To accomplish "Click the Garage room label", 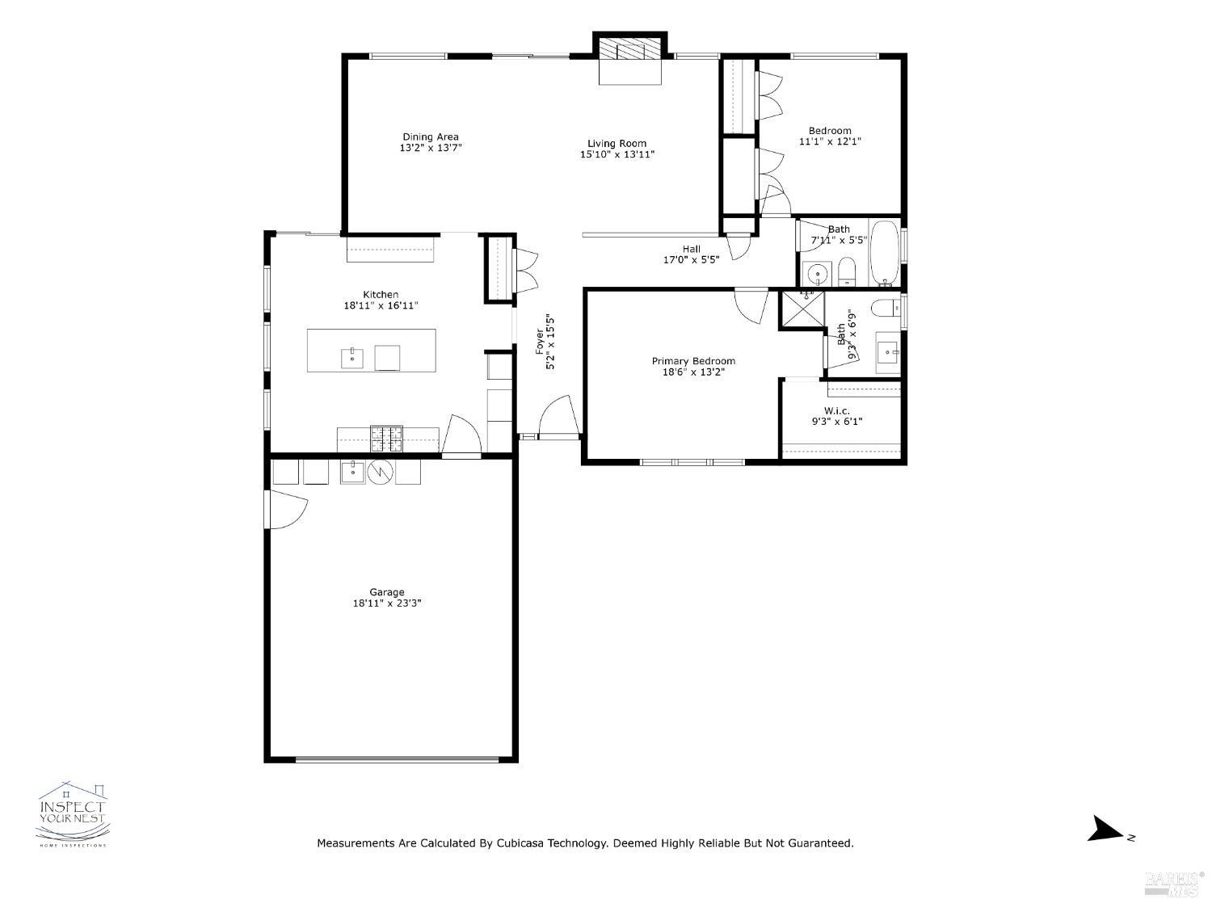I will [x=387, y=592].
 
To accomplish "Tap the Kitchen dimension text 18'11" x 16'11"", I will [x=381, y=306].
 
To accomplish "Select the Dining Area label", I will [x=431, y=137].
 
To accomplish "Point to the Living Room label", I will [x=617, y=143].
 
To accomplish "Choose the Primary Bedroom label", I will [x=693, y=361].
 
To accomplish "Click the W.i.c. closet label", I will [x=836, y=410].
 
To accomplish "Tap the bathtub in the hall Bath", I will [x=885, y=253].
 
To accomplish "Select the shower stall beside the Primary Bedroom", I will [x=802, y=311].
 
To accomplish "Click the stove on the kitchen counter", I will [x=386, y=439].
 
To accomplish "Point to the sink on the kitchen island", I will [x=352, y=357].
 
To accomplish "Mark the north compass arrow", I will [x=1105, y=830].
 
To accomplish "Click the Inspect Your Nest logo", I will [x=73, y=814].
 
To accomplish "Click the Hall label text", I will [x=691, y=249].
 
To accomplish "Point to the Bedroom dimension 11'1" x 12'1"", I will [x=830, y=141].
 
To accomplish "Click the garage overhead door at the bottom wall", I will [x=397, y=759].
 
